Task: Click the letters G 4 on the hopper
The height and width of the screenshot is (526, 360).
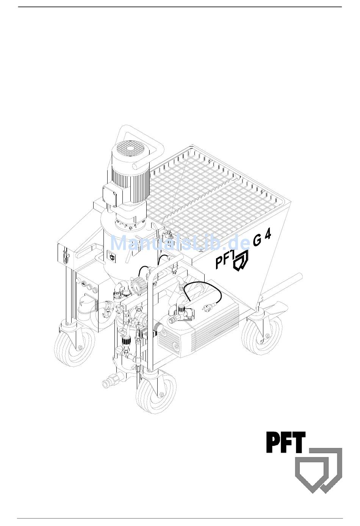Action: (262, 238)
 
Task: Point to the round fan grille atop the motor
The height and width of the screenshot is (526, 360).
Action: (130, 149)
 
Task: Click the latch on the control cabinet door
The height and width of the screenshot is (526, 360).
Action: (66, 256)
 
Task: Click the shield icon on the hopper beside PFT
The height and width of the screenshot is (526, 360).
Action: (241, 261)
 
